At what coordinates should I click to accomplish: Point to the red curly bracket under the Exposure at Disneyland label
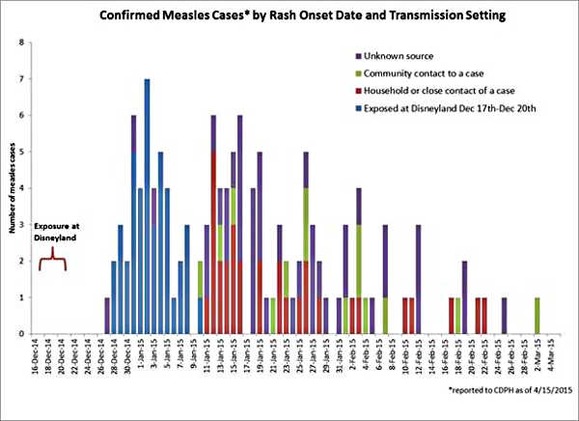point(52,264)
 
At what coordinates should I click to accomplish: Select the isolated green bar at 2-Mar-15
point(537,316)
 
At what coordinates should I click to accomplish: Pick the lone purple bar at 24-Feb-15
point(504,316)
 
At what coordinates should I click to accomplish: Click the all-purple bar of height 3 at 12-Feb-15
point(419,279)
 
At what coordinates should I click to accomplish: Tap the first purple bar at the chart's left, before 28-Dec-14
point(107,316)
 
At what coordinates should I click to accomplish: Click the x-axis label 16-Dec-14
point(36,358)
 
